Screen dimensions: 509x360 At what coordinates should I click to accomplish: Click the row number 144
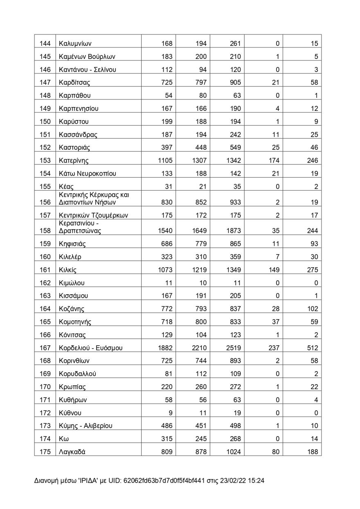pos(45,43)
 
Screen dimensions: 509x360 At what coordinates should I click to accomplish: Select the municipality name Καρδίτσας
pos(74,83)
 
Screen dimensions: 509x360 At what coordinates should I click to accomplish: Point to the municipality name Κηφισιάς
pos(72,244)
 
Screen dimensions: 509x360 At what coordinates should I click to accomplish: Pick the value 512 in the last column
pos(312,348)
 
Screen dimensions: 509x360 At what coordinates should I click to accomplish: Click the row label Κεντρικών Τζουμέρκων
pos(94,215)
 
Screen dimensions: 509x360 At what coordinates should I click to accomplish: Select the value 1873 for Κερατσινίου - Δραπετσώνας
pos(234,231)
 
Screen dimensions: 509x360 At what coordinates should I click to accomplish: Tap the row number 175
pos(45,452)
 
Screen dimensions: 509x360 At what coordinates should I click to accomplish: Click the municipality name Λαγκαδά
pos(72,452)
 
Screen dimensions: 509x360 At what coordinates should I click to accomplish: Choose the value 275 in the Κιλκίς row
pos(312,270)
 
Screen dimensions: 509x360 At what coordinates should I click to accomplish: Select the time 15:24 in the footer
pos(256,481)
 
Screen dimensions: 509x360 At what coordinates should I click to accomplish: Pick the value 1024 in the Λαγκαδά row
pos(234,452)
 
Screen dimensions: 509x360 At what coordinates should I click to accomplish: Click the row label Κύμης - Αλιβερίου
pos(85,426)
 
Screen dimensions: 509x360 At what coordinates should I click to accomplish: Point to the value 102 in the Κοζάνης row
pos(312,309)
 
